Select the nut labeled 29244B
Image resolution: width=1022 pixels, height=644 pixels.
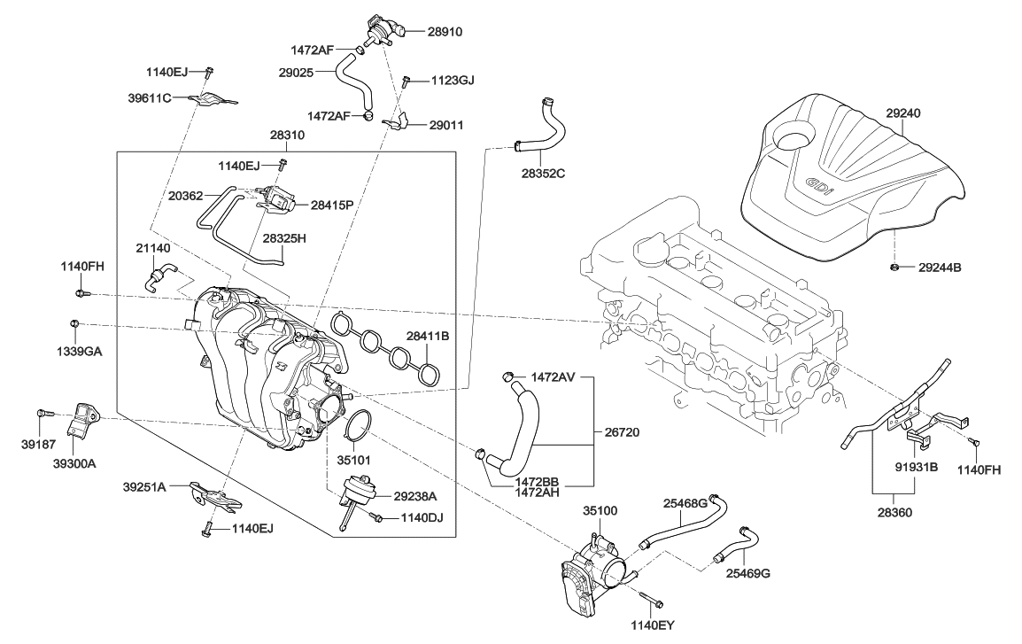(894, 266)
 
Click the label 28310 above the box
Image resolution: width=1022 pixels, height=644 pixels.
(287, 136)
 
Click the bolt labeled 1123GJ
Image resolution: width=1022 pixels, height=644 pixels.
(405, 81)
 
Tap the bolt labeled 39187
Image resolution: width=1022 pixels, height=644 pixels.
(44, 413)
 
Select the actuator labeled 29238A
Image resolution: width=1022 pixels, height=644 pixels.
(360, 490)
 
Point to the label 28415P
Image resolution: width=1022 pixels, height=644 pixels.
(332, 205)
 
